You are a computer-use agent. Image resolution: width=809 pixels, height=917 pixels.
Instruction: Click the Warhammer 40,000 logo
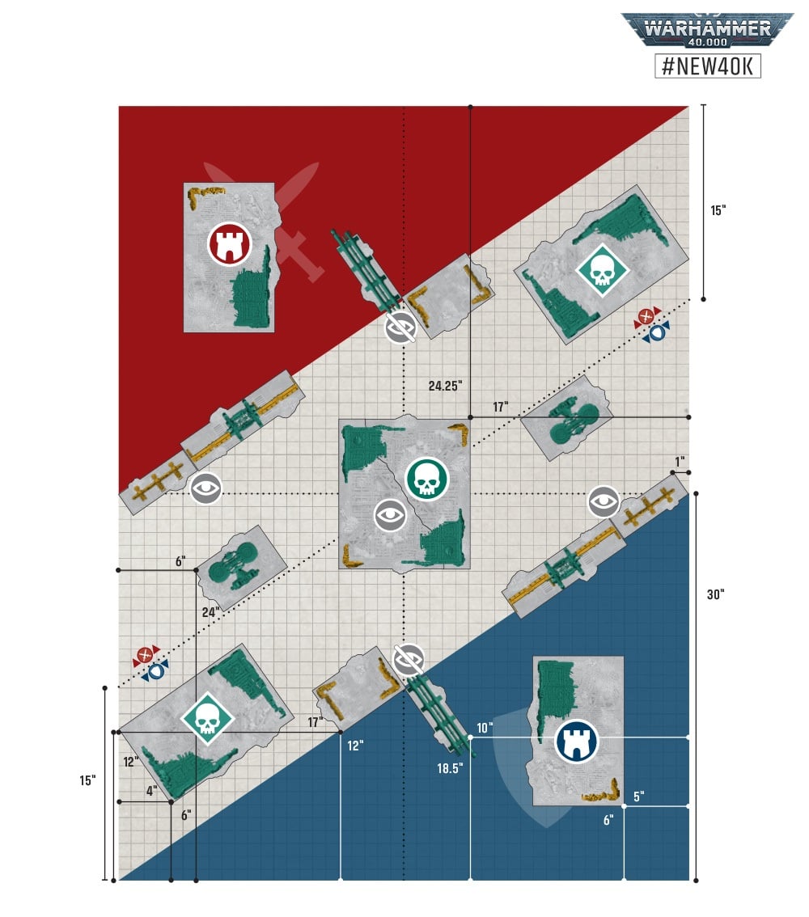click(707, 31)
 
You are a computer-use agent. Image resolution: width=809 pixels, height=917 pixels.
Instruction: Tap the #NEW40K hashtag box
click(708, 65)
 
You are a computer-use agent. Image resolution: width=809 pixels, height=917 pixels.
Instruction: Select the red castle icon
click(230, 244)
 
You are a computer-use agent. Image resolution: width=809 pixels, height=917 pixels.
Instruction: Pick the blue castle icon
click(576, 741)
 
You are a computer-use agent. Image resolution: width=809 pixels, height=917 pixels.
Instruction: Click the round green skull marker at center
click(427, 479)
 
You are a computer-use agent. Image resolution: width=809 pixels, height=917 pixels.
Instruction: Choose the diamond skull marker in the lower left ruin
click(207, 719)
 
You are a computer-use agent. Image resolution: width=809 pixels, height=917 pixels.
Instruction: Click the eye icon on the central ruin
click(390, 515)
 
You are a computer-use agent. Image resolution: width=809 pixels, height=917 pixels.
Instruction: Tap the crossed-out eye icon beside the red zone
click(401, 327)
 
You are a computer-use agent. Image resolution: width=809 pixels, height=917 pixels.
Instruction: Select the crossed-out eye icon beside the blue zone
click(409, 661)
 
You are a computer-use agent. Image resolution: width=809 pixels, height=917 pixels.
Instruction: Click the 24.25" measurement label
click(445, 386)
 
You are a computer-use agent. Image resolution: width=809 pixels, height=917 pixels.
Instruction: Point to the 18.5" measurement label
click(450, 768)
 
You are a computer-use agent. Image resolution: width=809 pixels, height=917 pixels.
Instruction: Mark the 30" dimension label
click(715, 595)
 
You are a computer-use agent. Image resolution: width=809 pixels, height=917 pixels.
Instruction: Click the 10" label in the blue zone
click(485, 728)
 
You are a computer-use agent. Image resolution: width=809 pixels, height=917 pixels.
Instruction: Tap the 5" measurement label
click(639, 797)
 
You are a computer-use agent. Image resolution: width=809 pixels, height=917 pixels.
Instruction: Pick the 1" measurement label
click(679, 462)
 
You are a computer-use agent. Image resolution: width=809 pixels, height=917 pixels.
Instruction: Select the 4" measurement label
click(151, 792)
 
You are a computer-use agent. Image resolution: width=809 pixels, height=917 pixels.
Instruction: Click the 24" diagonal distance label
click(210, 612)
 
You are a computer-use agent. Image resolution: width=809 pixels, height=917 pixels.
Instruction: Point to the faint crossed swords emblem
click(263, 221)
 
